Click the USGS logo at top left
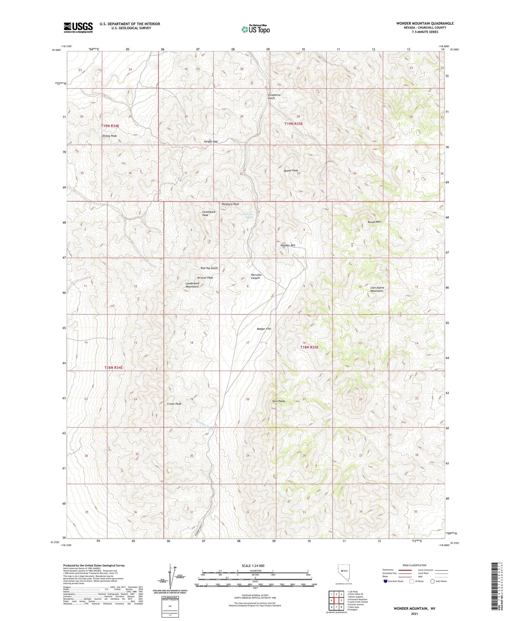tap(78, 27)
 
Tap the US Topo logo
tap(255, 29)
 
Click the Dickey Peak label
tap(109, 136)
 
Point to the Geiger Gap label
tap(211, 142)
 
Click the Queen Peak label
tap(291, 171)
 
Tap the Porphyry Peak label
tap(230, 204)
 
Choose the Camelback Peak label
tap(208, 213)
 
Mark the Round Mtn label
tap(374, 222)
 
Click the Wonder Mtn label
tap(288, 245)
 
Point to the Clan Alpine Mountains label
tap(377, 289)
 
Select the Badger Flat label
tap(264, 329)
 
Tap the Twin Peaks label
tap(279, 401)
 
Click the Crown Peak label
tap(174, 404)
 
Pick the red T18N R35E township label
tap(309, 347)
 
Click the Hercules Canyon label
tap(256, 276)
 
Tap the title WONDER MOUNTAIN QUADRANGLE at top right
tap(425, 23)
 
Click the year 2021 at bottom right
tap(414, 614)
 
